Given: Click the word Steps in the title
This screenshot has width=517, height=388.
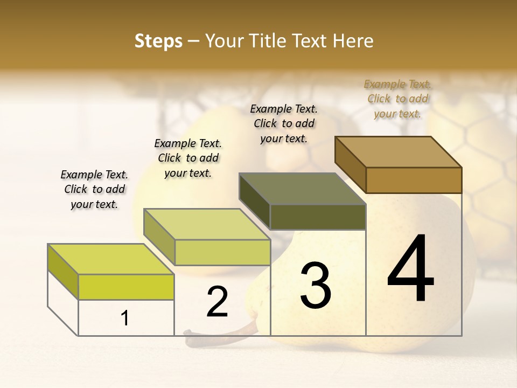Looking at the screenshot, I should pos(158,41).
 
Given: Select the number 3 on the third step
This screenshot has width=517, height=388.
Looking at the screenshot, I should pos(315,286).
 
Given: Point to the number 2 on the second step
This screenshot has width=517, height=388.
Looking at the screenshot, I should pos(217,302).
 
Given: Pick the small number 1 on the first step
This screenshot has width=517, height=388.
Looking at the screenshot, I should pos(124,318).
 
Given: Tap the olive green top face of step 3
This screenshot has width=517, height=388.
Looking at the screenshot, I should pos(302,189).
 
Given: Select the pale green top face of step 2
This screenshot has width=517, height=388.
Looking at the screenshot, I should pos(207,224).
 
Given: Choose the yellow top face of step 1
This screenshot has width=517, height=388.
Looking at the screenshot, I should pos(111,259).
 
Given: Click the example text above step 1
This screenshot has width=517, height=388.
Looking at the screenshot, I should pos(94,189).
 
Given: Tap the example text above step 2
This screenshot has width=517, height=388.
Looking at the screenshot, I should pos(188,158).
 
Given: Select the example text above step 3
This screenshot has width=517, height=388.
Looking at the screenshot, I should pos(284,123).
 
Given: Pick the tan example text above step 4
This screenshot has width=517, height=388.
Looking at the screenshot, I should pos(397,99).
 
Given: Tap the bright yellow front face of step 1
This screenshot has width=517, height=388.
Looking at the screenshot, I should pos(126,287).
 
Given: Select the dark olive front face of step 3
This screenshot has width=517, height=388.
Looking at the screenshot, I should pos(318,217).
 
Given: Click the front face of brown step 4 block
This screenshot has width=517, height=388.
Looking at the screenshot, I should pos(414,180).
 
